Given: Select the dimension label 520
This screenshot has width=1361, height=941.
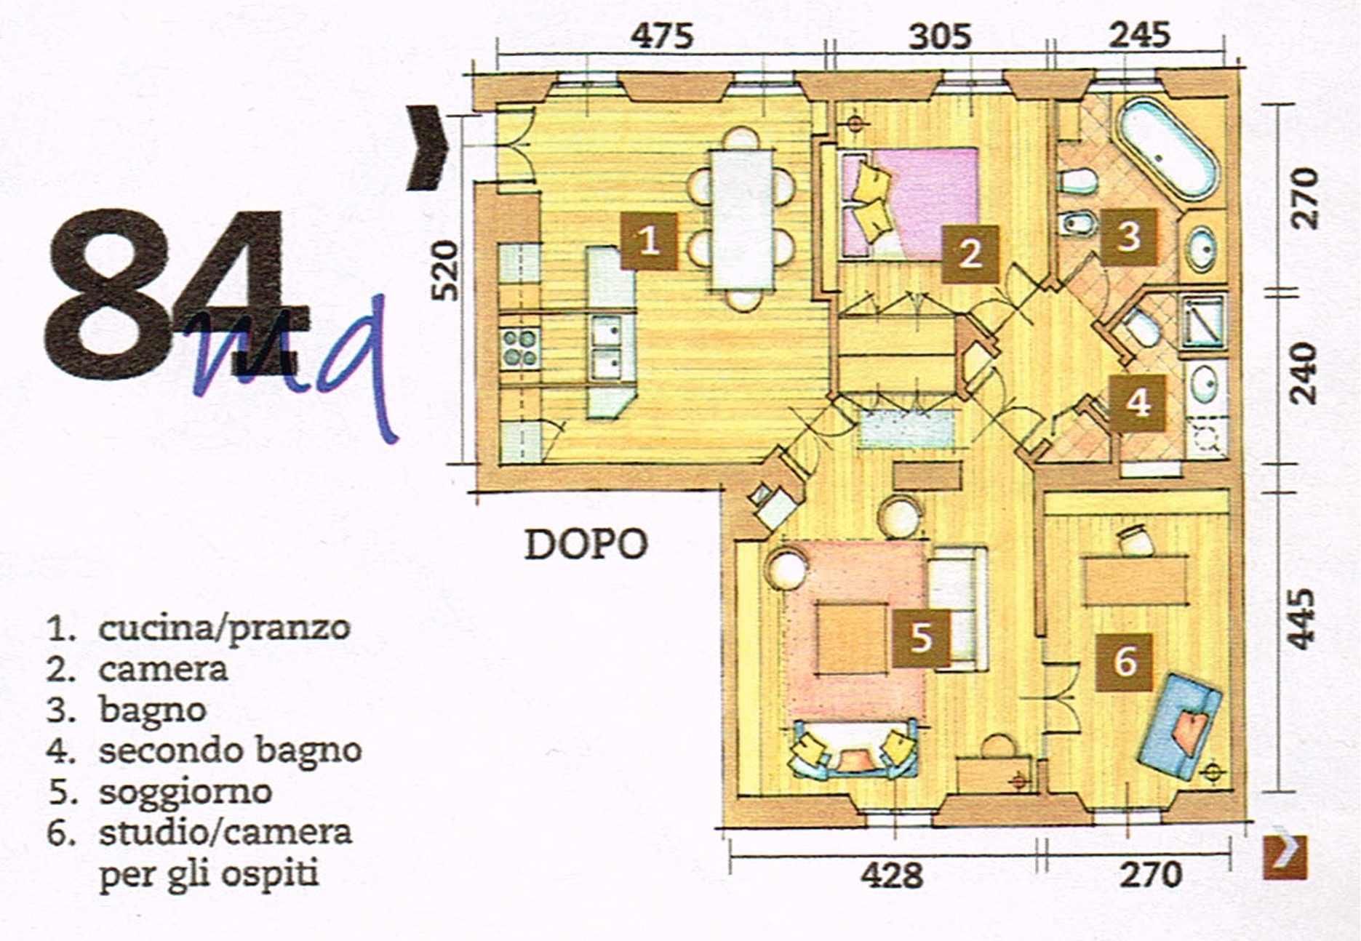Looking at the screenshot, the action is [445, 271].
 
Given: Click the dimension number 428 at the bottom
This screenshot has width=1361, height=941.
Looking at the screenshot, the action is [892, 875].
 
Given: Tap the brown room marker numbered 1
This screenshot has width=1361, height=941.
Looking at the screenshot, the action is [649, 241].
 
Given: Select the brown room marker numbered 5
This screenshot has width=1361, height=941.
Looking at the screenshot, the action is [922, 638].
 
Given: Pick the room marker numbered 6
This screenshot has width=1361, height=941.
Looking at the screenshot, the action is [1125, 662].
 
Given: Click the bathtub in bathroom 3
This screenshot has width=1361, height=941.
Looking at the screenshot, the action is [1168, 148].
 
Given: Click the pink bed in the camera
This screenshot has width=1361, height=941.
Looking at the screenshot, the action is [909, 204].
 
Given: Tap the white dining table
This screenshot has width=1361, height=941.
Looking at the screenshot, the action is [743, 220].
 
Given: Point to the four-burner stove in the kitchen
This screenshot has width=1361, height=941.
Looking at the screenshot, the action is [519, 348].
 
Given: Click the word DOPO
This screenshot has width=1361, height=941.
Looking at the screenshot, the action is [586, 544].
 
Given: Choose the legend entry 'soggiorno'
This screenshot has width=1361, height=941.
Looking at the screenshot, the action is [185, 791].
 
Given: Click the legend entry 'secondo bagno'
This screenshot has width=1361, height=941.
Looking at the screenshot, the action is [231, 750].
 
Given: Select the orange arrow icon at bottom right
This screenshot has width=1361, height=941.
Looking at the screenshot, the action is [1285, 857].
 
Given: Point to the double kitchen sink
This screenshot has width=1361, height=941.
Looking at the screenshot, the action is [605, 348].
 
